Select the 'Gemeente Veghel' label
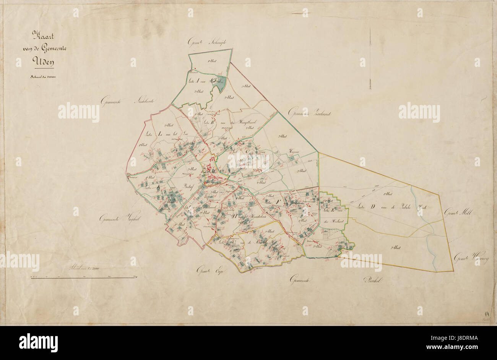pos(115,219)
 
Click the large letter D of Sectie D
pos(372,208)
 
